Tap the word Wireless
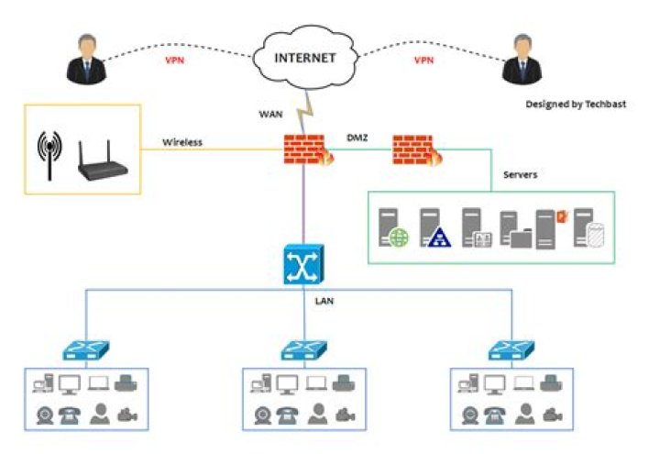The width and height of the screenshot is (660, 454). point(182,142)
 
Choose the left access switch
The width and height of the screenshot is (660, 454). point(89,349)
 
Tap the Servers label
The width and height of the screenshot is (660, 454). point(522,174)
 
